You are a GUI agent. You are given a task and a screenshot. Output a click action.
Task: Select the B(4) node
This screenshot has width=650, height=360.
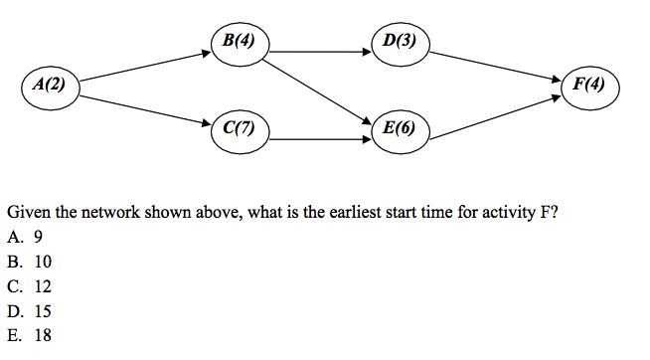[240, 42]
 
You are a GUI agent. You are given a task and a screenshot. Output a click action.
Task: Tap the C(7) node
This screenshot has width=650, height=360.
[240, 128]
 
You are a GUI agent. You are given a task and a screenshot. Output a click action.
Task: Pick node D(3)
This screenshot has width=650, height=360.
[399, 42]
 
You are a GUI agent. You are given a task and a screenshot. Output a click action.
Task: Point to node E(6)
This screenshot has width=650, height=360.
[399, 128]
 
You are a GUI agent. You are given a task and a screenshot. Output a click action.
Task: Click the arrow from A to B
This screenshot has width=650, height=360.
[144, 64]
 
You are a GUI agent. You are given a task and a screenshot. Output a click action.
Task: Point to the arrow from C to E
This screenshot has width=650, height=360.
[319, 139]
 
